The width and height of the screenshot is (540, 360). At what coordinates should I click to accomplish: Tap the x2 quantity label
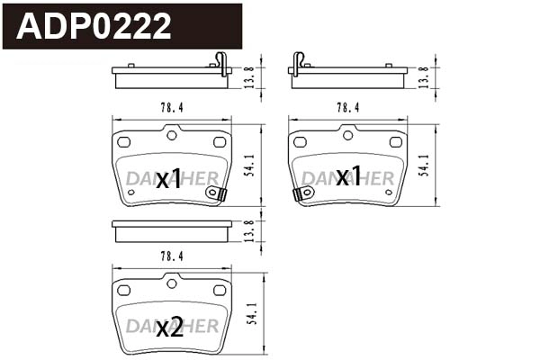(x=169, y=328)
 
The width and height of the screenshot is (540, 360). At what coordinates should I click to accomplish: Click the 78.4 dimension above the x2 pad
(x=170, y=256)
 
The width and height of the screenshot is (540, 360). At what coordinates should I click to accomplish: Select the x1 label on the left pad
(x=169, y=177)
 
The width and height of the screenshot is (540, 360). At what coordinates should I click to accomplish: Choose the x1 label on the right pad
(x=348, y=176)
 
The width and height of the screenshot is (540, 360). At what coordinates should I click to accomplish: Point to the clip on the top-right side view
(x=298, y=62)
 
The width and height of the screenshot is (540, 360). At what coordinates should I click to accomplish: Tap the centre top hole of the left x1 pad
(x=171, y=135)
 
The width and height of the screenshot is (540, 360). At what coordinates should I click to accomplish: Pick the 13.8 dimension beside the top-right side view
(x=424, y=76)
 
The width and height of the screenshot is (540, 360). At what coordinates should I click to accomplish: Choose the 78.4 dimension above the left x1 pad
(x=171, y=107)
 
